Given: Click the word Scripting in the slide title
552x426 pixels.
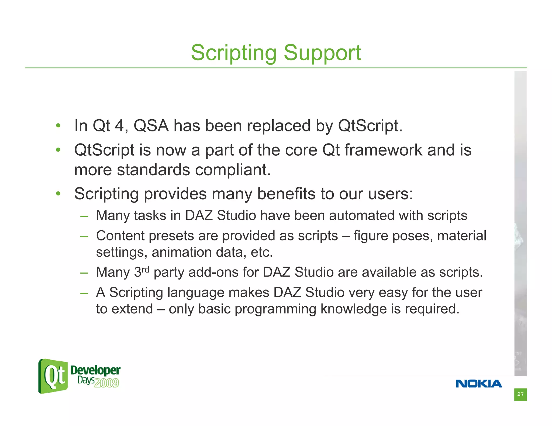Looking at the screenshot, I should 233,53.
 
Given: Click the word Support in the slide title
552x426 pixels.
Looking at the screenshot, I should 322,53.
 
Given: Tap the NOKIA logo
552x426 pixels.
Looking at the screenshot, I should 479,383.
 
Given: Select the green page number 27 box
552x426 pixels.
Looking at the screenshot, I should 520,394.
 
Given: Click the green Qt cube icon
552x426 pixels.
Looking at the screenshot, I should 53,376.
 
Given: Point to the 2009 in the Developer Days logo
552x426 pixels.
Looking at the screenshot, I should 106,383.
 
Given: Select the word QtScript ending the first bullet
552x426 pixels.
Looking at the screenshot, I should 370,126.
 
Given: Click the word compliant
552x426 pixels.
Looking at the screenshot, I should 233,170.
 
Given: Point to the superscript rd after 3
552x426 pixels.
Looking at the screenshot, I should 146,270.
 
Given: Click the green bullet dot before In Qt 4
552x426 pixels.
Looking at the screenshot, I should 58,125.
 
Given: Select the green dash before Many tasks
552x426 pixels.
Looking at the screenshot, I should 84,216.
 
